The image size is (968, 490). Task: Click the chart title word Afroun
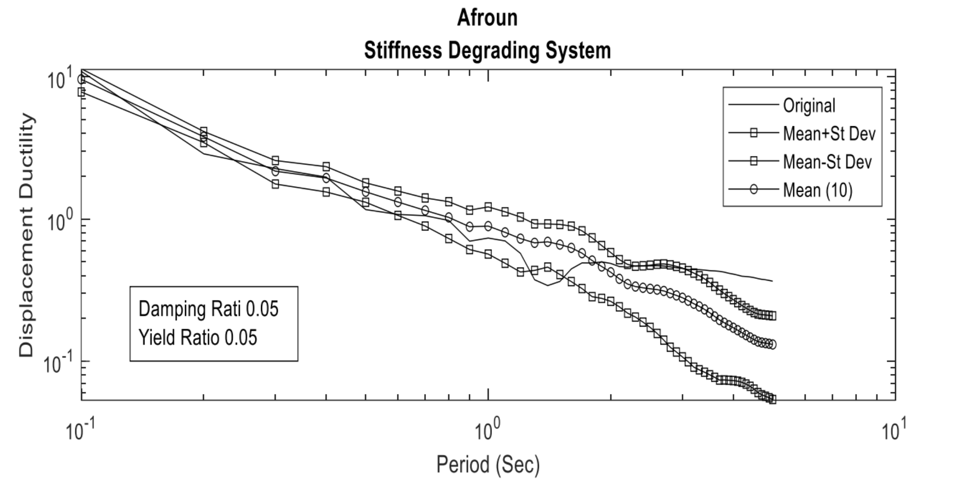pos(487,18)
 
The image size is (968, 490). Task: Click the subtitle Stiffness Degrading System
pos(487,50)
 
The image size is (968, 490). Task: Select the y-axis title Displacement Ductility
pos(27,235)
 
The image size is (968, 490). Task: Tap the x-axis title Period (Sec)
pos(487,464)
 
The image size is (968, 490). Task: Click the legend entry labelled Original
pos(809,106)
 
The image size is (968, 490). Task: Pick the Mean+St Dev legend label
pos(829,134)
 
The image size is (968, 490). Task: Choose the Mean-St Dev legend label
pos(827,162)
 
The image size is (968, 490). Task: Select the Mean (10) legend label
pos(817,190)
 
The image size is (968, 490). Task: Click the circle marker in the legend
pos(754,189)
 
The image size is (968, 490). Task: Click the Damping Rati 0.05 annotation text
pos(208,309)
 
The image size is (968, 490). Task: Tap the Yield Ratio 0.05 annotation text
pos(198,338)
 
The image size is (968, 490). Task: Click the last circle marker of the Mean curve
pos(772,344)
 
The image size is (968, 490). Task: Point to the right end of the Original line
pos(772,281)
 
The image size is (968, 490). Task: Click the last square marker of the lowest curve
pos(772,400)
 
